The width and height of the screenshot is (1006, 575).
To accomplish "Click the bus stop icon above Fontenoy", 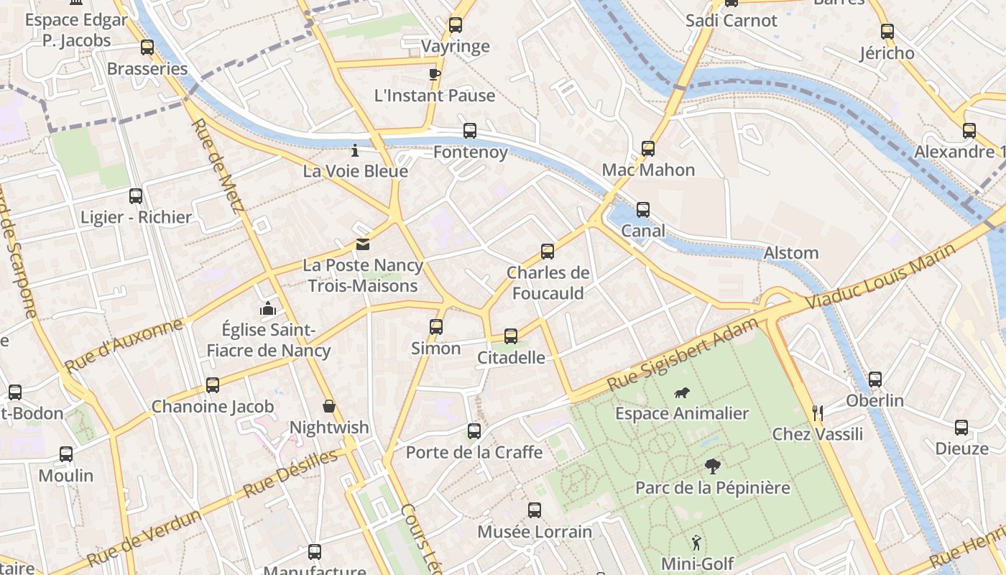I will click(x=469, y=131).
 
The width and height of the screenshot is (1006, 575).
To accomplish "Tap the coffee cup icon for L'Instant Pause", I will click(x=434, y=73).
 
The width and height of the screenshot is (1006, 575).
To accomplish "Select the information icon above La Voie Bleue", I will click(x=354, y=151).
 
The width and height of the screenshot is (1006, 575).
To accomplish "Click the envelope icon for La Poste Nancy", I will click(x=363, y=244).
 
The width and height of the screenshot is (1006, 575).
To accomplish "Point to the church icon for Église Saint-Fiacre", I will click(x=269, y=309).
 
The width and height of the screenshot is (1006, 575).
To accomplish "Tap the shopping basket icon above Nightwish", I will click(x=329, y=407).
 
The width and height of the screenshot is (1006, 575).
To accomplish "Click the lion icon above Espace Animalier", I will click(x=682, y=392).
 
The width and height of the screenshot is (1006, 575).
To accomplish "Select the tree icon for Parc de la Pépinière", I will click(x=712, y=466).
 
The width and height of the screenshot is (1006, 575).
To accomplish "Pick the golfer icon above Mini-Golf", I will click(x=696, y=542).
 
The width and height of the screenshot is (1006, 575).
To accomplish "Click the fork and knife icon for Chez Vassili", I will click(x=817, y=413).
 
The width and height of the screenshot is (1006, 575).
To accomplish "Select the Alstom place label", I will click(x=790, y=253).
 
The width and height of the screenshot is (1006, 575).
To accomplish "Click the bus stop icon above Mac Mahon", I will click(x=648, y=149).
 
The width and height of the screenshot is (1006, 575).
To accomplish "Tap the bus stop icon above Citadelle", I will click(x=511, y=336).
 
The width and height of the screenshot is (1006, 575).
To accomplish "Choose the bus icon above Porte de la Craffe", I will click(x=474, y=431).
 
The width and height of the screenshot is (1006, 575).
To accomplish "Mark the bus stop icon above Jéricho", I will click(x=887, y=32).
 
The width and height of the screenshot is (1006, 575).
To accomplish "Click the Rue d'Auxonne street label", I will click(x=124, y=346).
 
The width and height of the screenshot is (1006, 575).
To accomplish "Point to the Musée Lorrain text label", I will click(x=535, y=532).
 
